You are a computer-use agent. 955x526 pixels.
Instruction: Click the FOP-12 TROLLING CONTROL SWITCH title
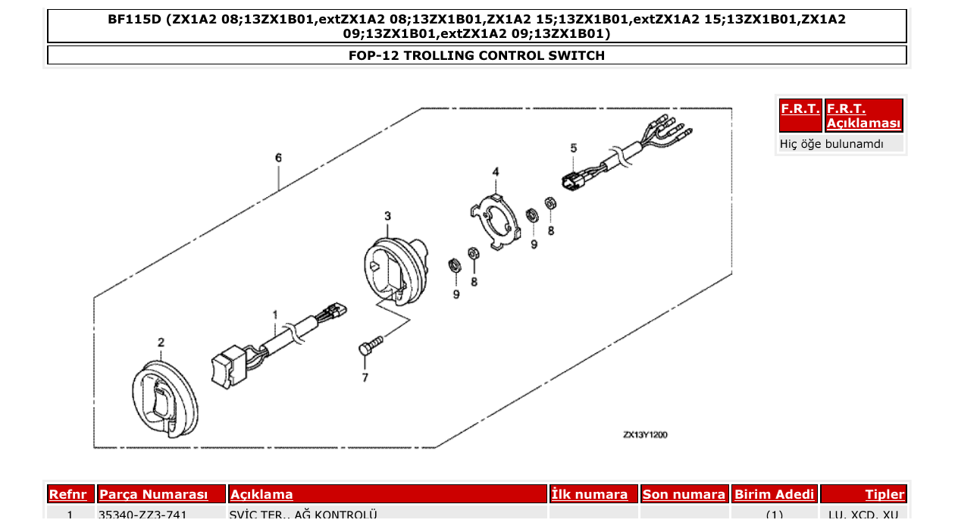477,55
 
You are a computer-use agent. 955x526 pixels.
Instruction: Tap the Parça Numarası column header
154,494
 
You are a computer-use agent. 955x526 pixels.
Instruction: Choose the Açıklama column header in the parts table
261,494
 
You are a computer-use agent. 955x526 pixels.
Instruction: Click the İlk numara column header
590,494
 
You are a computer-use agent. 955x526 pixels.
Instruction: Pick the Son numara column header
684,494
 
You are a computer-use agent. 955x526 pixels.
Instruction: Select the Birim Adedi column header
774,494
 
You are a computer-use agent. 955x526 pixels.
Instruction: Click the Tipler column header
885,494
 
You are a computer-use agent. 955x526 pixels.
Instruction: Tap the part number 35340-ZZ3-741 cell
142,515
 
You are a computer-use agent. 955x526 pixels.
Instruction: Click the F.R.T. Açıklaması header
863,116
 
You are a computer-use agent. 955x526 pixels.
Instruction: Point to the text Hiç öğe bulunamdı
831,143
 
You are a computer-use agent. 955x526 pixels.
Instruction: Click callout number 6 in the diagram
278,158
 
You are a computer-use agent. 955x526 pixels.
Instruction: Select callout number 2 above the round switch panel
161,343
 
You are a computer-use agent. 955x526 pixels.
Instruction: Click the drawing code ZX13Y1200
645,435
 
